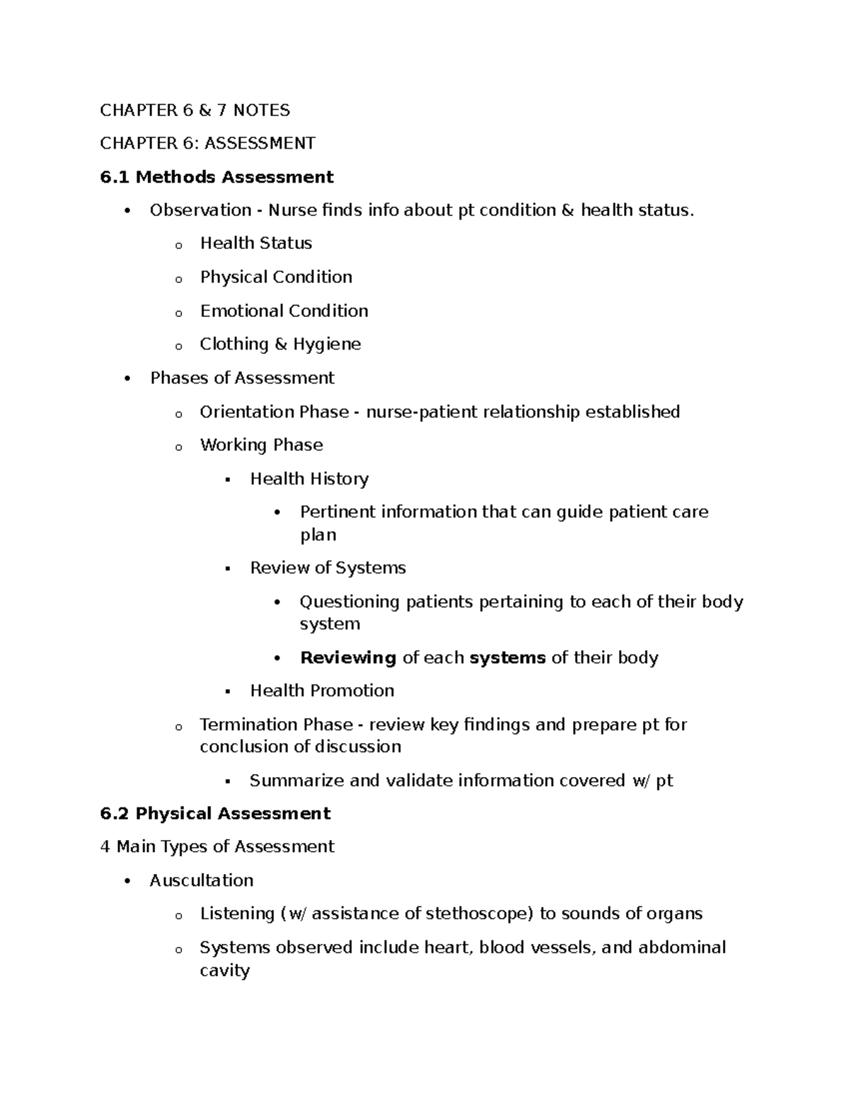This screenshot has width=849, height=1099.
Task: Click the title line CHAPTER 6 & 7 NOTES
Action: coord(195,110)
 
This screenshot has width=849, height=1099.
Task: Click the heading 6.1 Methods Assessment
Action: coord(216,177)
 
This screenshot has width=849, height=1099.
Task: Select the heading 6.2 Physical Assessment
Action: coord(215,814)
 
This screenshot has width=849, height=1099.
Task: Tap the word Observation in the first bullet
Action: coord(200,210)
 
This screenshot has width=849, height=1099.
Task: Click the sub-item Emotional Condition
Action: coord(284,311)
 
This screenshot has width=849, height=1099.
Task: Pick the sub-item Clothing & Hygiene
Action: coord(280,344)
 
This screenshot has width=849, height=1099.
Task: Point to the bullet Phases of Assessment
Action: coord(242,378)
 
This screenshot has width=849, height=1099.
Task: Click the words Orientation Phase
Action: coord(274,412)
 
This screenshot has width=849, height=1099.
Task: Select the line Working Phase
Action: coord(261,445)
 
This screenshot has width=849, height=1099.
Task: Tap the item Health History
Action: coord(309,479)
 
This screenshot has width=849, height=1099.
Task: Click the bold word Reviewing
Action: coord(347,657)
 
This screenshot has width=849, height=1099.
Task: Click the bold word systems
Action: coord(507,657)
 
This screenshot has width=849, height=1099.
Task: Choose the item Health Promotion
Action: coord(322,691)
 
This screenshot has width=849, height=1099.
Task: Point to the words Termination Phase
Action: coord(276,725)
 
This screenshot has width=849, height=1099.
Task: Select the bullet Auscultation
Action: coord(202,880)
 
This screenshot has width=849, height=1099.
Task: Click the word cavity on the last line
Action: coord(224,970)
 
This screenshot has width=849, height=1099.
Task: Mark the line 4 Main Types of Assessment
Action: coord(217,847)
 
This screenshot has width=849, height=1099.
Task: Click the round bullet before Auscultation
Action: coord(127,882)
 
